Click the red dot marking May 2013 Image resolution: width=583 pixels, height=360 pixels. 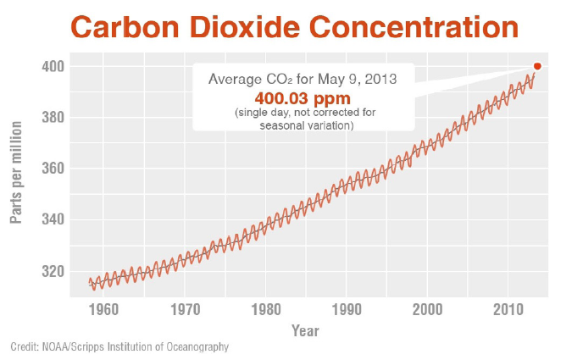[x=537, y=66]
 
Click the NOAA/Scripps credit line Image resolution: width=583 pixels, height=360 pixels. [x=119, y=347]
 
